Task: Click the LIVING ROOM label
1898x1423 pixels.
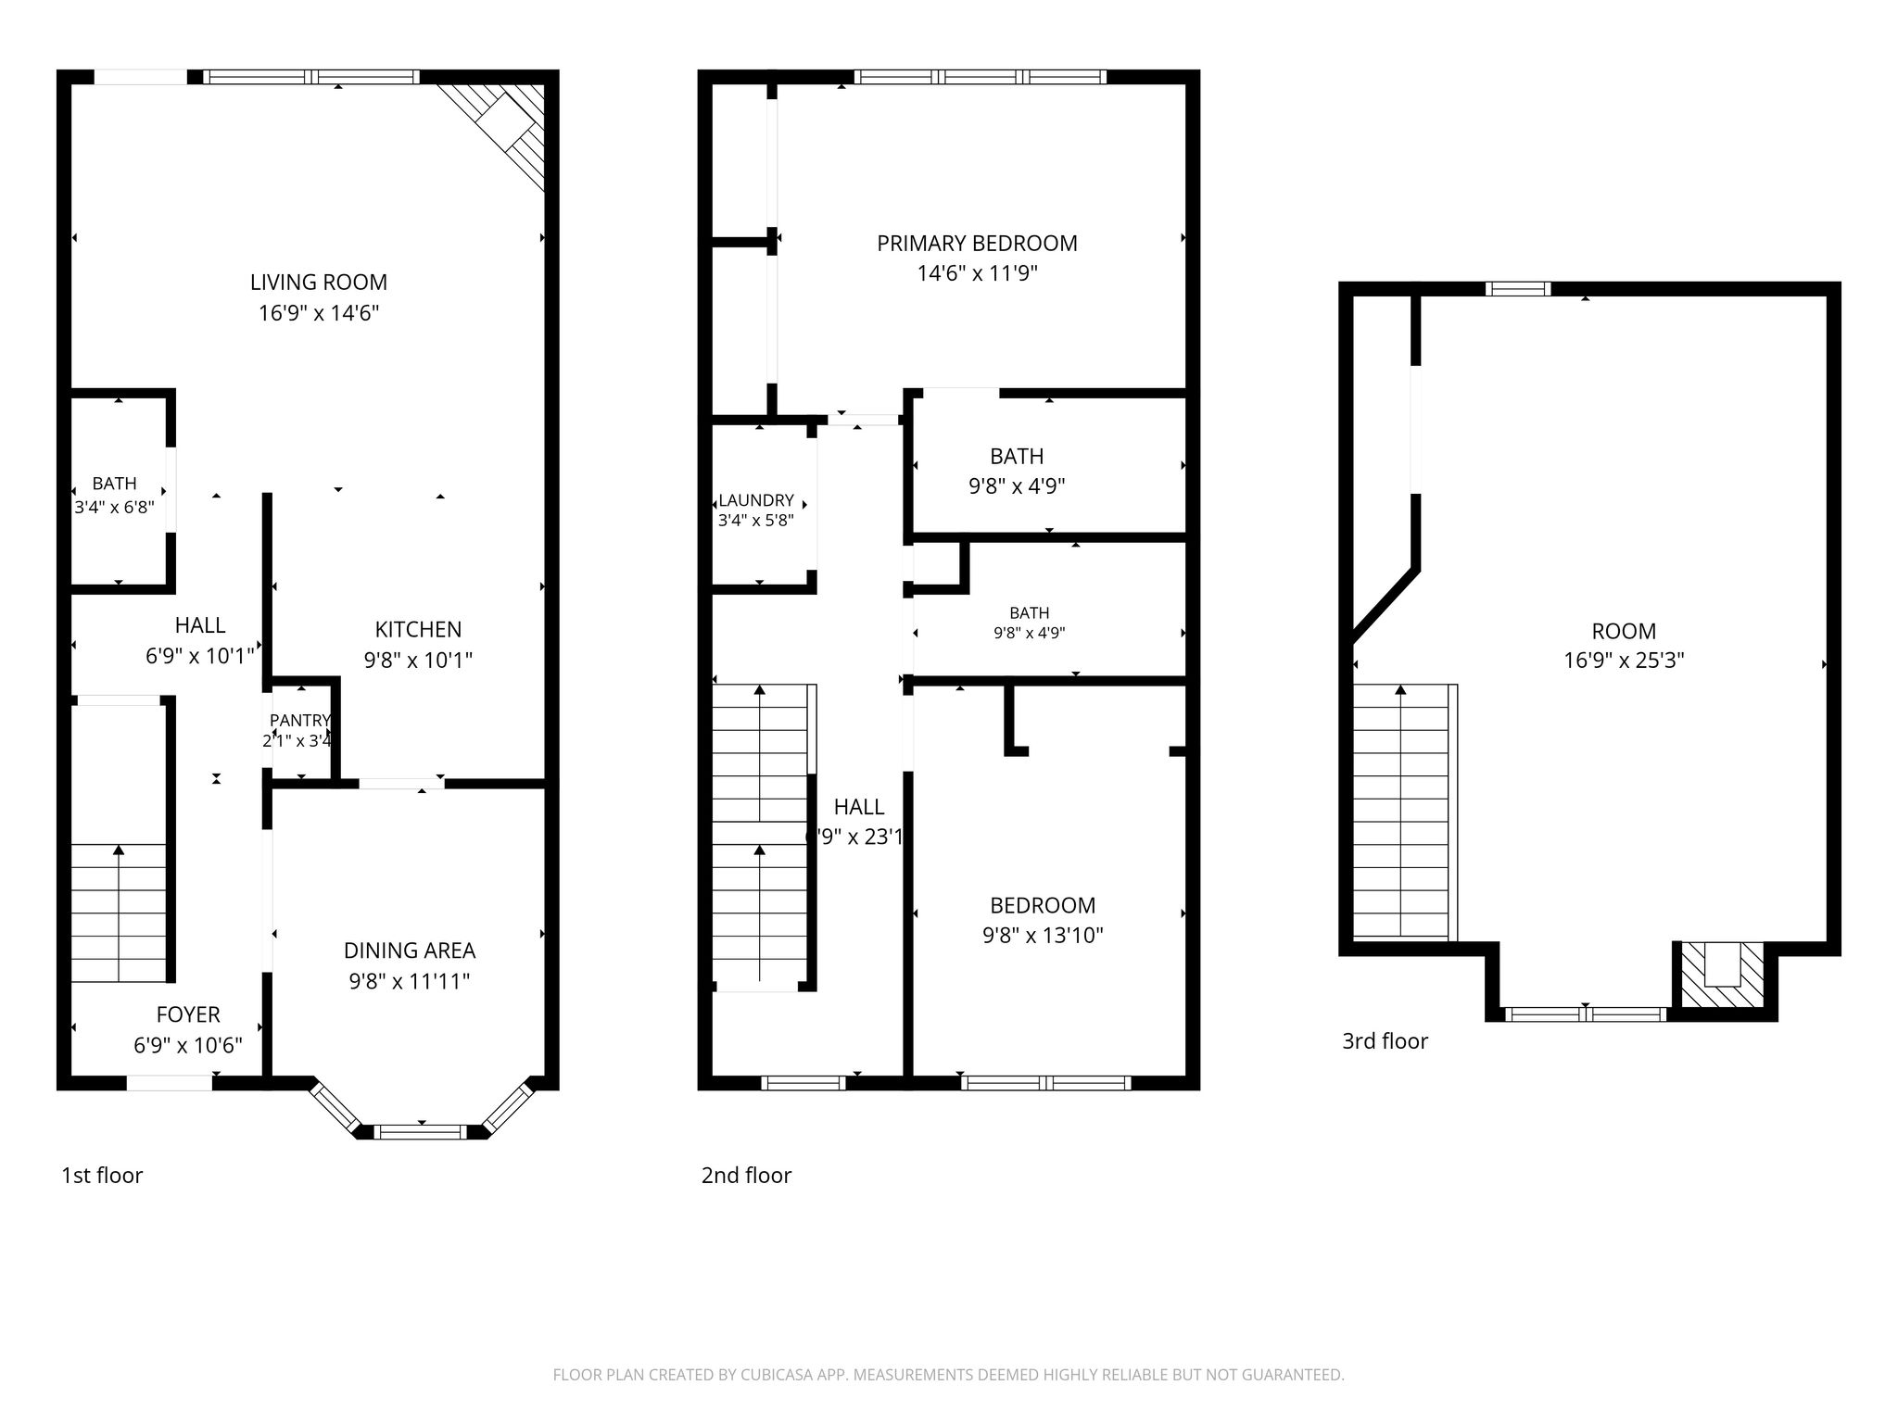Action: (x=319, y=282)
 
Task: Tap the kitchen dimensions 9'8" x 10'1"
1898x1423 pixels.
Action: (x=418, y=660)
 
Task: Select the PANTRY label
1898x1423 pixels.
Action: (x=299, y=720)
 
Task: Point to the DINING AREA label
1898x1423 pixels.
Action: (x=410, y=951)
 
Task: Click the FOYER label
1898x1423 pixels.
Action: (x=188, y=1014)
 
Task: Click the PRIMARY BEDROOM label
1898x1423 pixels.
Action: (x=977, y=243)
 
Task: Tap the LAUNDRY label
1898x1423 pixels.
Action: (x=756, y=500)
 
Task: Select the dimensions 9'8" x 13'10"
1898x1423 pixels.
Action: (x=1043, y=936)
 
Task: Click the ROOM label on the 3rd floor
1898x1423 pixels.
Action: (x=1624, y=631)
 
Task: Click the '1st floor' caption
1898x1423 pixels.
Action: (x=102, y=1175)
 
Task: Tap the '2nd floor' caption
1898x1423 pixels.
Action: (x=746, y=1175)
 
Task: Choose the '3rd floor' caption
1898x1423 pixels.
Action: (x=1385, y=1040)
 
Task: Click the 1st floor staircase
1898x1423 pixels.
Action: (x=119, y=913)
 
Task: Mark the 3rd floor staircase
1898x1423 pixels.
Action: (x=1401, y=812)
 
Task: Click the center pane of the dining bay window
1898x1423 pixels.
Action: (x=422, y=1130)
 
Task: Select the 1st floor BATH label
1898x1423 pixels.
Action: (x=114, y=483)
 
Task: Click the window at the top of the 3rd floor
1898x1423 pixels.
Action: (x=1518, y=289)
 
